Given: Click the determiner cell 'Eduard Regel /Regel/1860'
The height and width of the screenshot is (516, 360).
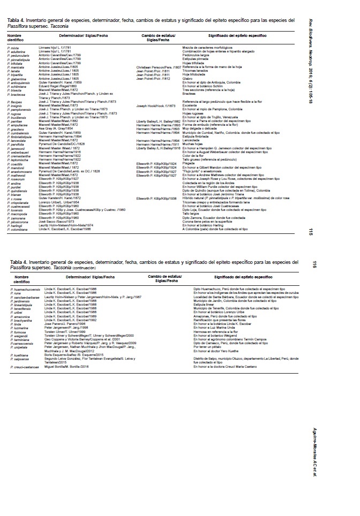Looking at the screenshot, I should point(58,85).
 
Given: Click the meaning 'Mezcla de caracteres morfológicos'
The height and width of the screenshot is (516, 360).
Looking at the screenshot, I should point(208,48).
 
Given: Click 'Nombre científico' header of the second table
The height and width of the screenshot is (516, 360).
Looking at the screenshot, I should point(21,278).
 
